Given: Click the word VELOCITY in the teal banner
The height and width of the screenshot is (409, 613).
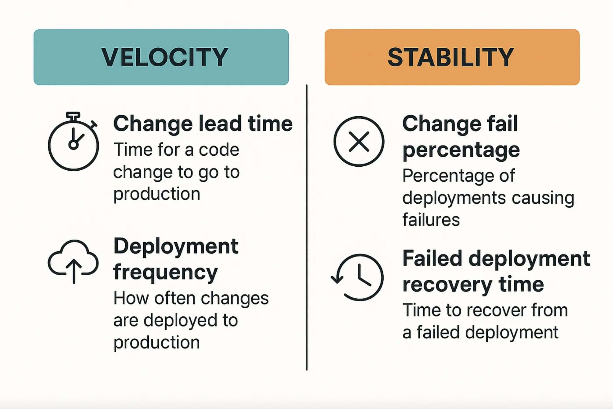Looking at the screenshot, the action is point(165,57).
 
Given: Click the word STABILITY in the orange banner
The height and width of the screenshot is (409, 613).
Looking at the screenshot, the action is point(451,57).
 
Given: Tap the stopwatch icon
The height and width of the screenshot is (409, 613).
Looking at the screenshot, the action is point(73,141).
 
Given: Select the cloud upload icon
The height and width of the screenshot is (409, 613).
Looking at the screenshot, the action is point(73,261).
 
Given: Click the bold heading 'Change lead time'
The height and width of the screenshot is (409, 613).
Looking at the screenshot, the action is point(203,124).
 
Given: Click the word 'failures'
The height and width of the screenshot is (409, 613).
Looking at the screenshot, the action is point(431,219).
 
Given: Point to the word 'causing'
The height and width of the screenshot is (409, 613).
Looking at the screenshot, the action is point(543,198).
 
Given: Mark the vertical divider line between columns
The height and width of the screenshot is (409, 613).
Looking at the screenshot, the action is point(307,227).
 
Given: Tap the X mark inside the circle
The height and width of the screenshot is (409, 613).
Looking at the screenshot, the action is point(359,142).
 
